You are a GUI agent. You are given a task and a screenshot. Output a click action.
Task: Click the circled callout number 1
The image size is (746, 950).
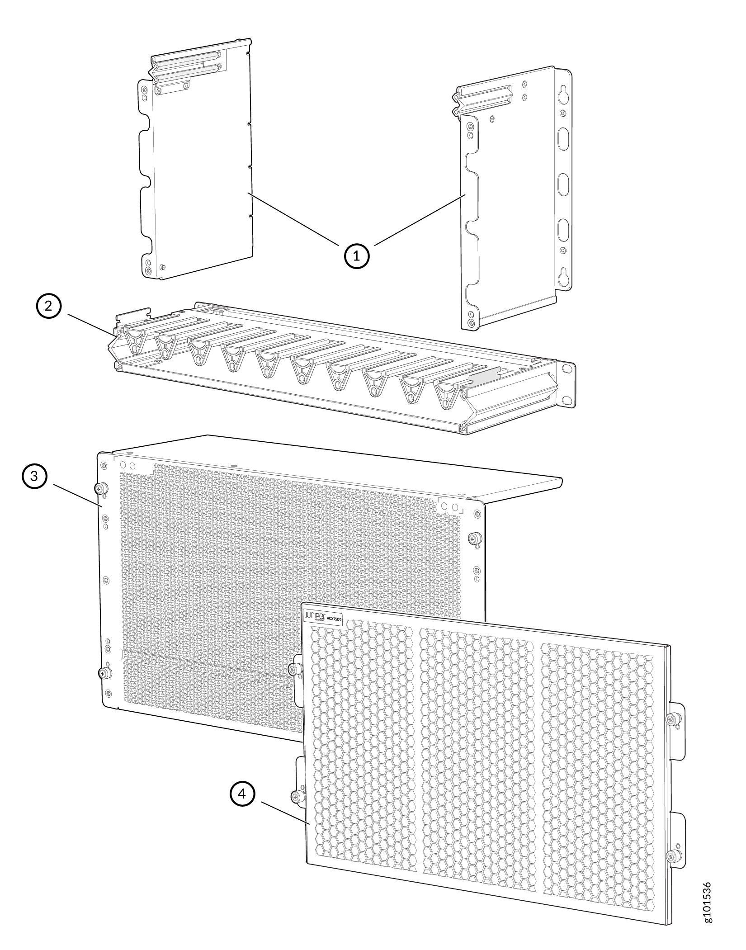[357, 256]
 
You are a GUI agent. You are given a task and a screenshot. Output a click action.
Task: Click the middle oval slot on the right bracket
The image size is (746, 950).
[563, 184]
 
